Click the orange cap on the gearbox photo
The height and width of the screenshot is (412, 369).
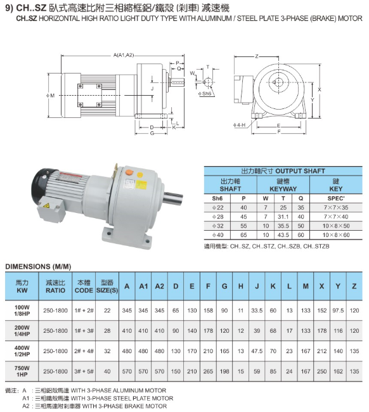click(129, 172)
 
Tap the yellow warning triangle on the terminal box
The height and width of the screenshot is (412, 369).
click(46, 205)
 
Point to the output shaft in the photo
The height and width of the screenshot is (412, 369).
click(173, 198)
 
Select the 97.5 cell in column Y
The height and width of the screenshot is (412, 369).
click(338, 311)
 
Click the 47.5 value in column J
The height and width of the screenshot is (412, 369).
click(257, 351)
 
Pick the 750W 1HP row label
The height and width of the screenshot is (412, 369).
click(22, 371)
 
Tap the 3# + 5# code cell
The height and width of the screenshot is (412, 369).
click(84, 371)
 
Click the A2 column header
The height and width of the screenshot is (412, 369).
click(160, 286)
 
